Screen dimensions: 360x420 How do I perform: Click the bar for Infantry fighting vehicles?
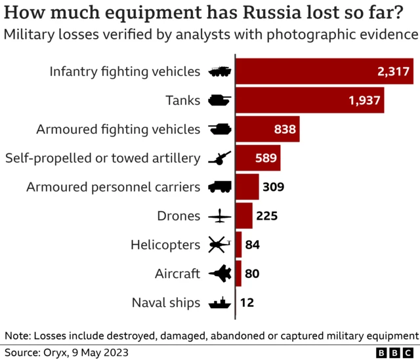[324, 71]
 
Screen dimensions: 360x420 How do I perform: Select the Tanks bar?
[309, 100]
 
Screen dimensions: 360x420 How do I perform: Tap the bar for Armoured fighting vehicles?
[267, 129]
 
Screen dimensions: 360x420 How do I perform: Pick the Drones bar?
[243, 216]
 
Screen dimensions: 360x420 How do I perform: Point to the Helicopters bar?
[238, 245]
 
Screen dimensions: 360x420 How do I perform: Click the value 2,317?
[393, 71]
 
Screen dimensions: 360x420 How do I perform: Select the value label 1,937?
[364, 100]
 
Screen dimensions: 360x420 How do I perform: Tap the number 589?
[266, 158]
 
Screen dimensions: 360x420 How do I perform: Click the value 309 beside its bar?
[273, 187]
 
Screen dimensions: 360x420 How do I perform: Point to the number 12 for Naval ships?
[247, 302]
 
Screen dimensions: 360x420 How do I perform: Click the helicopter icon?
[219, 245]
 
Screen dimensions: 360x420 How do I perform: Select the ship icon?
[219, 303]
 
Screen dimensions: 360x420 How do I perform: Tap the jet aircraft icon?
[219, 273]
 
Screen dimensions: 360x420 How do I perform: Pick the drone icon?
[219, 216]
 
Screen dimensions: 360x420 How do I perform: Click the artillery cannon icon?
[219, 158]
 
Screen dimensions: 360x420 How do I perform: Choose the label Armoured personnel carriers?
[113, 187]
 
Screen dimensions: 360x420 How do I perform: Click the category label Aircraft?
[177, 273]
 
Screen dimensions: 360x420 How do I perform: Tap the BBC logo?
[392, 352]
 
